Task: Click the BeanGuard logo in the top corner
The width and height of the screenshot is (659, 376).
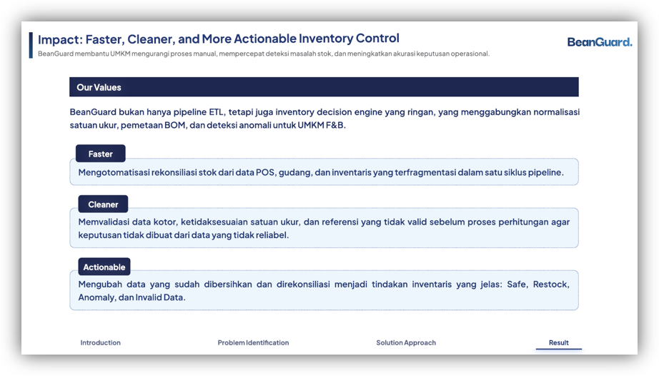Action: click(x=600, y=42)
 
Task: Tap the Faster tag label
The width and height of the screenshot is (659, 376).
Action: click(x=101, y=154)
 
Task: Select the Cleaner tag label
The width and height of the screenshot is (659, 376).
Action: click(x=103, y=204)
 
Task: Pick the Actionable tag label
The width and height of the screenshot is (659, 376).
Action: click(x=104, y=267)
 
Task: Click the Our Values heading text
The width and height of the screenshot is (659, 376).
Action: click(x=99, y=87)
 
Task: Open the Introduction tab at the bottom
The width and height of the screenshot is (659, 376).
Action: click(x=101, y=342)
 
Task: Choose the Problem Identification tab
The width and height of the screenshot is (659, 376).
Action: click(x=253, y=342)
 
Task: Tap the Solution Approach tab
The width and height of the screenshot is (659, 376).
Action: click(x=406, y=342)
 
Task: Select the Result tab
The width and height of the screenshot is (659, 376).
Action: click(x=558, y=342)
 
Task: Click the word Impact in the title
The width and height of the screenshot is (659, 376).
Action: click(x=59, y=39)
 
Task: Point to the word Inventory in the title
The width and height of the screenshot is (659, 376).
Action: click(x=326, y=39)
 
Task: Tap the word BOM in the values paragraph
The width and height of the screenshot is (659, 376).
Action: click(x=175, y=125)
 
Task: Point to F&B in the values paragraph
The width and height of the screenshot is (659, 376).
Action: click(x=335, y=125)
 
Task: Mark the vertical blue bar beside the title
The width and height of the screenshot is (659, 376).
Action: click(x=31, y=45)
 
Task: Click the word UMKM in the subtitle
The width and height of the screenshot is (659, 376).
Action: click(x=120, y=54)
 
